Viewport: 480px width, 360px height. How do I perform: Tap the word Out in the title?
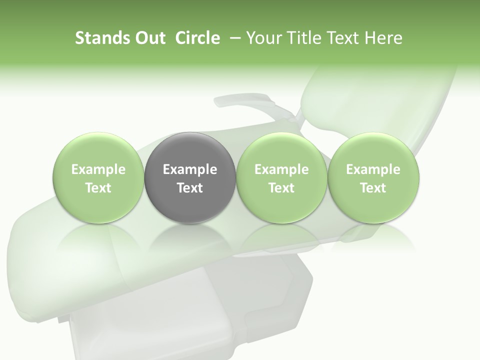[148, 38]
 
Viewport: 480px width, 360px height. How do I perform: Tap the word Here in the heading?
[385, 38]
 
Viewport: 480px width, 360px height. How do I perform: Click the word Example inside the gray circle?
[190, 169]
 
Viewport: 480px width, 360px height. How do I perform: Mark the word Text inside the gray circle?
[190, 188]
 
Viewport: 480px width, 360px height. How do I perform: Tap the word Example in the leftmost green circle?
[98, 169]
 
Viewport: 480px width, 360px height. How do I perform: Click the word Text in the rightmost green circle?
[373, 188]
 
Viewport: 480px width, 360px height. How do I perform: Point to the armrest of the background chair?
[245, 102]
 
